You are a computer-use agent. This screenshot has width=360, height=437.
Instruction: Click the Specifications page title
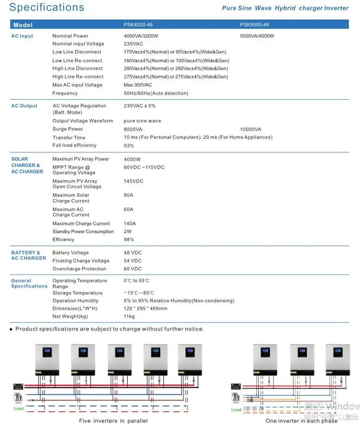click(47, 7)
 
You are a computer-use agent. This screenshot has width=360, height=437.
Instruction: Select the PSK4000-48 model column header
click(138, 25)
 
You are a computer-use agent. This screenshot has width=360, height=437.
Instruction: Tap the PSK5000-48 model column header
click(254, 25)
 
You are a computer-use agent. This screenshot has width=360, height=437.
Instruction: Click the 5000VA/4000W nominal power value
click(257, 36)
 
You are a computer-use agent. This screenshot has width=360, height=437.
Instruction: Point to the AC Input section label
click(22, 36)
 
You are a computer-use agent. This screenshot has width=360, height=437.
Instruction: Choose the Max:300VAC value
click(138, 85)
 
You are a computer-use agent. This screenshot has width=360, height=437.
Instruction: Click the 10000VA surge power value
click(250, 129)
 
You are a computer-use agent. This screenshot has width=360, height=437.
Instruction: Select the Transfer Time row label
click(69, 137)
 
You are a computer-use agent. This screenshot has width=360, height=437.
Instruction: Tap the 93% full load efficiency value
click(129, 146)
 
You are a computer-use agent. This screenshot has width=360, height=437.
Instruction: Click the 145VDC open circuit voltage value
click(133, 181)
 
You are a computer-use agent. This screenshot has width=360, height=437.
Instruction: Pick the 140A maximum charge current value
click(130, 223)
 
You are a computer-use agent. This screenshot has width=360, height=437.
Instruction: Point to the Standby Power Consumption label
click(83, 232)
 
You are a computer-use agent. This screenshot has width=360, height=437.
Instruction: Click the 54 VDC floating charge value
click(133, 261)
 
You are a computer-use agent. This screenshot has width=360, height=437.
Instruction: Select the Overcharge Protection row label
click(79, 269)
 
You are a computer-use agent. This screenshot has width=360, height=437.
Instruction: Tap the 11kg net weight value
click(129, 316)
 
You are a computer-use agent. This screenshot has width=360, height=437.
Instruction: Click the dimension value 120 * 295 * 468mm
click(145, 308)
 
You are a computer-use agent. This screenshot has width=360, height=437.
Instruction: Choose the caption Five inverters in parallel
click(113, 421)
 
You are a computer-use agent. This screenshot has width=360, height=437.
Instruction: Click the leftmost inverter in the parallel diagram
click(47, 359)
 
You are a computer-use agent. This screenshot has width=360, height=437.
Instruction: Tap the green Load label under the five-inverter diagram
click(19, 409)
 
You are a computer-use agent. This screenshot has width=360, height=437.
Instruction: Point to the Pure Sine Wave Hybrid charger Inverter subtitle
click(285, 8)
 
